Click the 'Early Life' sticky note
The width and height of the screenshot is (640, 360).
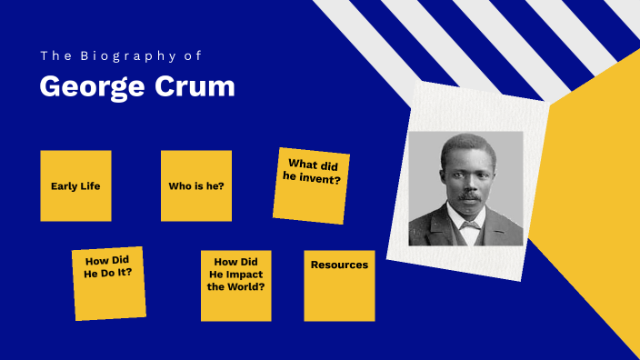click(75, 185)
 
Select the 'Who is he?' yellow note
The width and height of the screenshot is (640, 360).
click(196, 185)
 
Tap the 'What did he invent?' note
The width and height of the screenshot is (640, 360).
click(311, 185)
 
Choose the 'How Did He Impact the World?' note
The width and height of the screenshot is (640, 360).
click(235, 285)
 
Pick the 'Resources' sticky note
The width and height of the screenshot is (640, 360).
click(339, 285)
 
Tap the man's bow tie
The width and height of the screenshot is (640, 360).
click(469, 225)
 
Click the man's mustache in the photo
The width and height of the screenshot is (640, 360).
click(468, 195)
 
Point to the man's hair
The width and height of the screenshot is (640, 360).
click(465, 145)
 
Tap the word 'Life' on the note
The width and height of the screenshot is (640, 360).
click(89, 186)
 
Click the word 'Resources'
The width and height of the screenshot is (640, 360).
click(339, 265)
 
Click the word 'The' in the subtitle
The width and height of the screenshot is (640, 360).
click(54, 56)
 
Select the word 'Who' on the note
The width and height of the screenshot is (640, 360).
click(179, 186)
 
